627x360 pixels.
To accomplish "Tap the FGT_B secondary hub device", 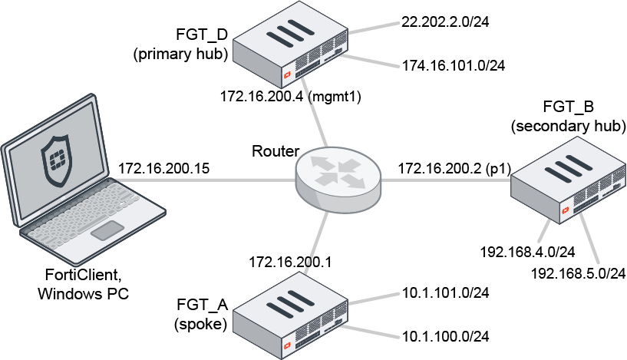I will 567,184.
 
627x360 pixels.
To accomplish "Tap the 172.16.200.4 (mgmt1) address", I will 290,97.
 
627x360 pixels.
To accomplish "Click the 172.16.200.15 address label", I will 164,167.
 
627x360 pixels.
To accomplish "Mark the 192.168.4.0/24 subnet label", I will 527,251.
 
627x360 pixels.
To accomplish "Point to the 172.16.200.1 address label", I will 289,263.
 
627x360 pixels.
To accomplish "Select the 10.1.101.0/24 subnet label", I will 446,292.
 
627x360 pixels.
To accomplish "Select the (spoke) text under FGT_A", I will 200,324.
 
